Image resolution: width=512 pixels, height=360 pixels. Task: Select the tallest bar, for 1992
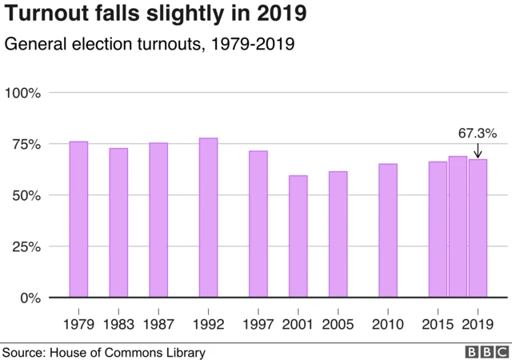[208, 218]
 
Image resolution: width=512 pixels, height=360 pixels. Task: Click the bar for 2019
[478, 228]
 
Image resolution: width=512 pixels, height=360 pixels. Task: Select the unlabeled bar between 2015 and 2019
[458, 226]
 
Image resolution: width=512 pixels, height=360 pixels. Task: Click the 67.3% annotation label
[478, 132]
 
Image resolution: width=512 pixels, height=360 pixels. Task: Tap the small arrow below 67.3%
[478, 150]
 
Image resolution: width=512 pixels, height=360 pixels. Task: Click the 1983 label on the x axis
[118, 324]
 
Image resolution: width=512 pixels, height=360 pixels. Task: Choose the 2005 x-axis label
[338, 324]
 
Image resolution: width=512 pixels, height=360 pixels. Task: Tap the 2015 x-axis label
[438, 324]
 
